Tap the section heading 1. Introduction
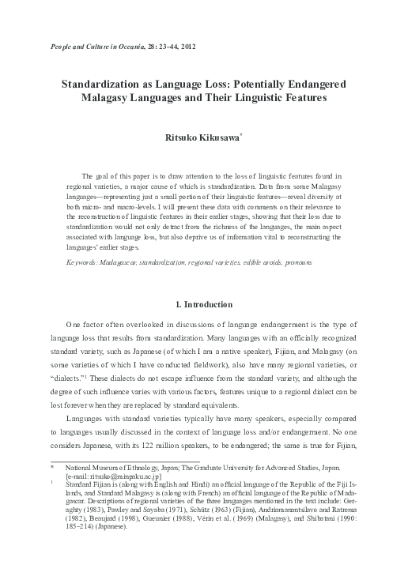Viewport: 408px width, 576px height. click(x=203, y=305)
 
